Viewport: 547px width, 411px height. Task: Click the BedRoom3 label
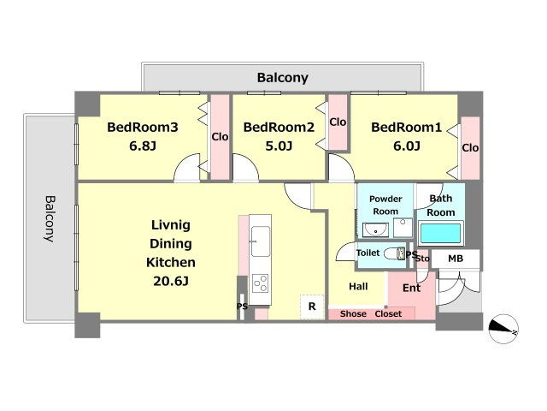[143, 128]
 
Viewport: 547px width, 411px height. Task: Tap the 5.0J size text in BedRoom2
[279, 146]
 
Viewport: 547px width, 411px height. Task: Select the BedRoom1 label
[407, 128]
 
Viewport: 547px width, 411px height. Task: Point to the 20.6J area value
[171, 281]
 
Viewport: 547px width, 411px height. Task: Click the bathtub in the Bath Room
[440, 233]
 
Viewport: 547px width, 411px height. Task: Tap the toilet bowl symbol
[395, 253]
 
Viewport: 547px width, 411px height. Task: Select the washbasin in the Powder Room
[376, 230]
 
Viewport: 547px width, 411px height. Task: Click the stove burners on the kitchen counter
[260, 283]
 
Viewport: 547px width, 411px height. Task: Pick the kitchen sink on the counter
[260, 241]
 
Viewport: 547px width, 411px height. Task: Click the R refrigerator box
[312, 307]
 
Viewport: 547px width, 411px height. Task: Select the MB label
[456, 259]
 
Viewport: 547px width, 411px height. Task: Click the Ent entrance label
[412, 288]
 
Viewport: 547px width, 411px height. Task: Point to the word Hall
[358, 287]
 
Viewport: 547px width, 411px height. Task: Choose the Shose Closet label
[371, 314]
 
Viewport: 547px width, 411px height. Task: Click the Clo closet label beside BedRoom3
[220, 137]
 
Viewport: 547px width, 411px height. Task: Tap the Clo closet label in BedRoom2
[338, 122]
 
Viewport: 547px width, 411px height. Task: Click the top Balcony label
[283, 78]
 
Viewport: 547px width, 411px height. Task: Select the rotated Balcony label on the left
[50, 219]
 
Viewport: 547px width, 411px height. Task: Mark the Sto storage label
[422, 259]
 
